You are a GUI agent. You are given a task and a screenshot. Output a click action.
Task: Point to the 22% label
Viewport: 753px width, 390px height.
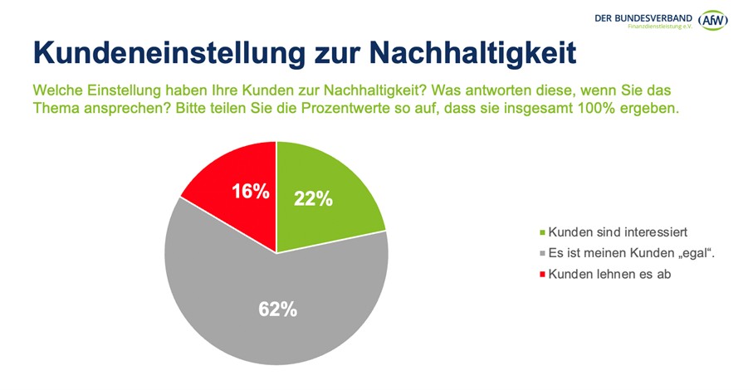pos(313,199)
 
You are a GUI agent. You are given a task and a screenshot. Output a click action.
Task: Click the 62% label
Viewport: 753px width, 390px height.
pos(276,310)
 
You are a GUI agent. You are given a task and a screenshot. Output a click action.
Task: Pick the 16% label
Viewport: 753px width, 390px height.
pos(250,192)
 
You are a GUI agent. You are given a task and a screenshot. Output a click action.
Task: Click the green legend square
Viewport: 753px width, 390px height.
pos(543,233)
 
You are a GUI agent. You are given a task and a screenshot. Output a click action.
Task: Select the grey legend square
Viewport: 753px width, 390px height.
pos(543,254)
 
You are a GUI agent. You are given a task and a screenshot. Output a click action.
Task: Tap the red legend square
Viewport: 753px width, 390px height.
pos(543,275)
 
